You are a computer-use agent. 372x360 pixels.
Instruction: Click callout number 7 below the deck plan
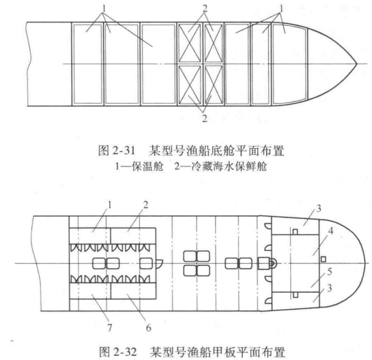click(109, 327)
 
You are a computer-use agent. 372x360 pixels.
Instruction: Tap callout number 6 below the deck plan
click(149, 328)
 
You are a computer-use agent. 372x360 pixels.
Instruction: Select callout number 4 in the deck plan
click(331, 230)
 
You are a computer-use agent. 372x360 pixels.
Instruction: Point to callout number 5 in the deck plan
click(330, 272)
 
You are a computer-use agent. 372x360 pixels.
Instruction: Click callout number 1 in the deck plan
click(109, 205)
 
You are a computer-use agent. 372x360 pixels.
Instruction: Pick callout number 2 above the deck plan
click(145, 205)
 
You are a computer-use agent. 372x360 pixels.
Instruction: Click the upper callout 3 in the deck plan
click(319, 209)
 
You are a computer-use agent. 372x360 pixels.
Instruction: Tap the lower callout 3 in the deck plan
click(330, 288)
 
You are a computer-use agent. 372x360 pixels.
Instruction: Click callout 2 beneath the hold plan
click(205, 118)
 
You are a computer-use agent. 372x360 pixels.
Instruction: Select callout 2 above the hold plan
click(205, 9)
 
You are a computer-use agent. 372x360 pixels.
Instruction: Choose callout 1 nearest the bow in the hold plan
click(281, 9)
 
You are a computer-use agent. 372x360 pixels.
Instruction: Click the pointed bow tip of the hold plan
click(357, 64)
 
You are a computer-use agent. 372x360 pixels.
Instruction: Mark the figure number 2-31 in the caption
click(123, 151)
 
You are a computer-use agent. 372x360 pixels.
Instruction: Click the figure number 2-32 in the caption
click(124, 352)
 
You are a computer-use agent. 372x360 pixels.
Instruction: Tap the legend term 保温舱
click(147, 166)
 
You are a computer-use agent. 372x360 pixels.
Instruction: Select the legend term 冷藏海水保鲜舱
click(229, 166)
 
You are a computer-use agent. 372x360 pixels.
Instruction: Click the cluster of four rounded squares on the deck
click(197, 264)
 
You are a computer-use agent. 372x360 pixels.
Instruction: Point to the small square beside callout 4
click(323, 259)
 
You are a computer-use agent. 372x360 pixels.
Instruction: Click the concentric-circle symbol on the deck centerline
click(272, 263)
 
